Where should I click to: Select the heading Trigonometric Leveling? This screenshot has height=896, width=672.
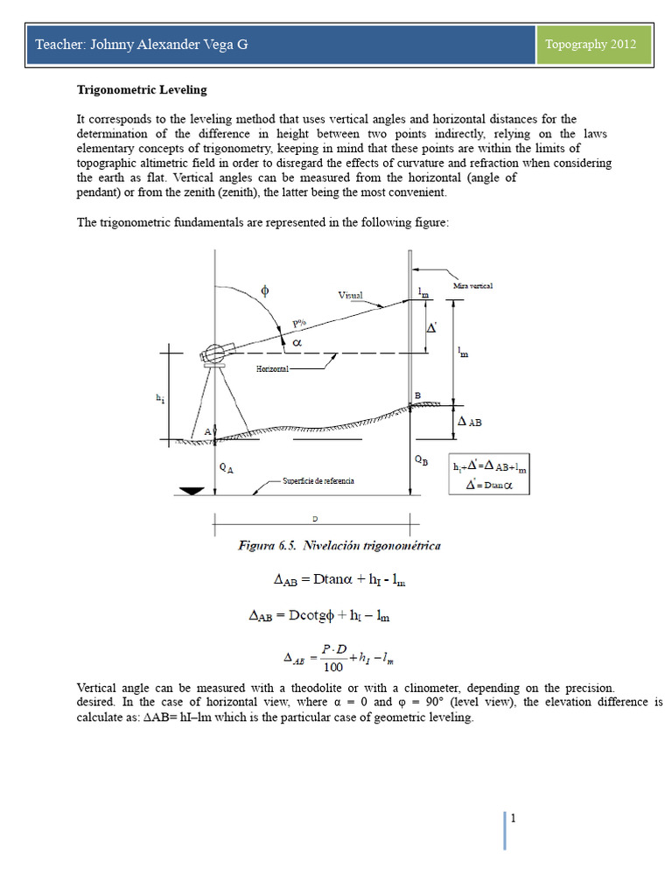tap(142, 89)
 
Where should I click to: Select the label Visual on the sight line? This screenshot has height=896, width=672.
tap(350, 296)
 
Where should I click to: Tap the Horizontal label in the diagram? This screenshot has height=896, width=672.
tap(272, 369)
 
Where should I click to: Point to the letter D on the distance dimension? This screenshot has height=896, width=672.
tap(315, 520)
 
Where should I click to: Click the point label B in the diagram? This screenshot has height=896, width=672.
tap(417, 396)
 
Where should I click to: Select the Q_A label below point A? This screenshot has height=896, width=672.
tap(226, 468)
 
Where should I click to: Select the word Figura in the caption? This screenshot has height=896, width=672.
tap(258, 546)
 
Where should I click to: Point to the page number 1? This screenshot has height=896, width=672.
tap(513, 818)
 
